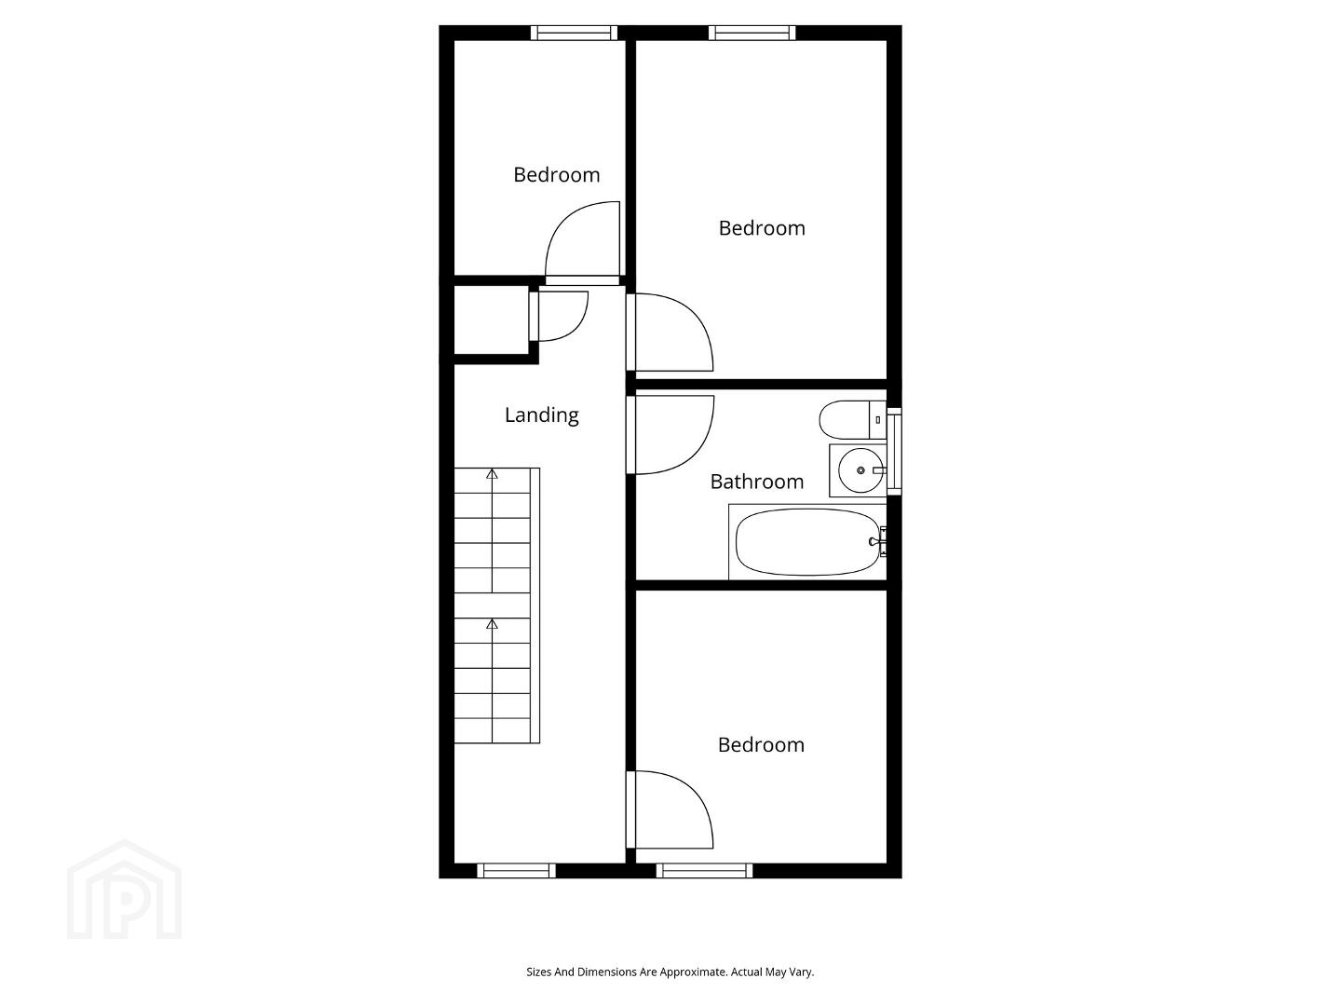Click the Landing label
(541, 415)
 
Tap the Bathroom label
(756, 482)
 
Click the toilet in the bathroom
(852, 419)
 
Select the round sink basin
(860, 470)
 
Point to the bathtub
(807, 542)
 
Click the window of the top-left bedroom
(574, 33)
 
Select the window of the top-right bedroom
(752, 33)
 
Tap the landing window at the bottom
(516, 870)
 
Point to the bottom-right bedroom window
(704, 870)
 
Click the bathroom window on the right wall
(894, 452)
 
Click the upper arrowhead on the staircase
(492, 473)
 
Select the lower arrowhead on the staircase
(492, 624)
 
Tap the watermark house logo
(125, 890)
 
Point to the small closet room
(491, 319)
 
